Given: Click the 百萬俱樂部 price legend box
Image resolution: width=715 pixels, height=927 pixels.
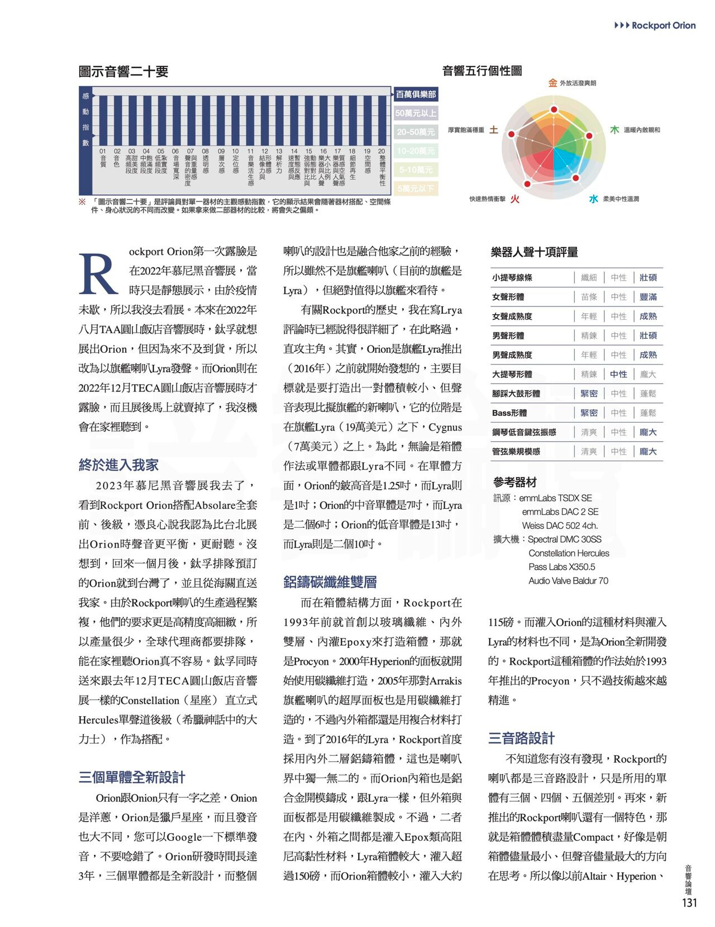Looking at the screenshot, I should pos(416,94).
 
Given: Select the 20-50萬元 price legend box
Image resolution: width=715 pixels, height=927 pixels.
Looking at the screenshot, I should pos(416,132).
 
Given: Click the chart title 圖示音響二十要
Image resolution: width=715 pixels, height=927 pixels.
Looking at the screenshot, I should pos(123,72).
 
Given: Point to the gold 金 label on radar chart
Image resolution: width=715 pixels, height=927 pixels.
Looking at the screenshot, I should pos(552,83).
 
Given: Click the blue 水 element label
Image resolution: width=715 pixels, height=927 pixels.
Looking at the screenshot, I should pos(593,198).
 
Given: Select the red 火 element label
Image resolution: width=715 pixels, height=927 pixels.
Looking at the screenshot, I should pos(514,199).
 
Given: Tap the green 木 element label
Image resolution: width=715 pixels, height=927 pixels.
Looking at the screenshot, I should pos(614,130).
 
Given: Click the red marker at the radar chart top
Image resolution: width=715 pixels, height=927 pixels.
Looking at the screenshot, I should pos(554,110).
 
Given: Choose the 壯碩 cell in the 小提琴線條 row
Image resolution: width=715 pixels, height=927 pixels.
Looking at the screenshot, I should pos(648,277).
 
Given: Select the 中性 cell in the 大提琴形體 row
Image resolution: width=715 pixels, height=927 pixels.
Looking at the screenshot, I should pos(618,374).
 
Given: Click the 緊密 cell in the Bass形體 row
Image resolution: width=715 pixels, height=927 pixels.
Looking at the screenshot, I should pos(589,413).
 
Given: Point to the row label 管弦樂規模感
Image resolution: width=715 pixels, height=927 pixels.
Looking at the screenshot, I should pos(516,451).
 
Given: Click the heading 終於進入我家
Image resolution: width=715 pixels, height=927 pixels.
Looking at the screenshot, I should pos(118,465).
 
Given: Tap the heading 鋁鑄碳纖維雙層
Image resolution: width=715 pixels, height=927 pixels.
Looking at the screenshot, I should pos(330,582).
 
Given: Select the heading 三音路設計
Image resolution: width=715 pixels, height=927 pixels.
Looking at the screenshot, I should pos(521,738).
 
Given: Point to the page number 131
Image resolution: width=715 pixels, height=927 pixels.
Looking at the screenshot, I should pos(689,902).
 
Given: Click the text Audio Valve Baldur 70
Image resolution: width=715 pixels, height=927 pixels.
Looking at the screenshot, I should pos(568,580).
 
